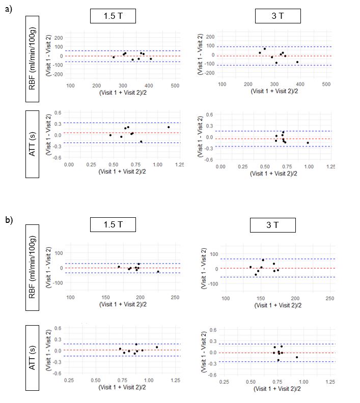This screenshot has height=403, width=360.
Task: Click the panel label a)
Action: click(9, 9)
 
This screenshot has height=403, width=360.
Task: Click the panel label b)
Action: click(9, 220)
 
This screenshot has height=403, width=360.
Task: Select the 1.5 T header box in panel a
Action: click(113, 16)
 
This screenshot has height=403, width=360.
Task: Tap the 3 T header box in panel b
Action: click(273, 225)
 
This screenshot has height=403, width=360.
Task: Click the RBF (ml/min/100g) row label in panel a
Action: click(32, 59)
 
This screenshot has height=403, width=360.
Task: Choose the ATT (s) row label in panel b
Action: click(32, 358)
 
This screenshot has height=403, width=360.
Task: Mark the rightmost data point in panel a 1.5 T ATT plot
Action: click(169, 127)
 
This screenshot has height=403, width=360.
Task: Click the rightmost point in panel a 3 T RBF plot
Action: click(297, 62)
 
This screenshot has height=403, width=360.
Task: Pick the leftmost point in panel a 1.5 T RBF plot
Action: click(114, 57)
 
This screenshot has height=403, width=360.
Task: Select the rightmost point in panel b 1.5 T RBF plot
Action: click(158, 271)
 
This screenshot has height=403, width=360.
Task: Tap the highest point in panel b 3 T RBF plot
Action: click(263, 260)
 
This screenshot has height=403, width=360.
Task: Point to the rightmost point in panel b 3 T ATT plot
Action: click(297, 357)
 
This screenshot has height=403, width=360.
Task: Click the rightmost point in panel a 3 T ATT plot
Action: click(308, 142)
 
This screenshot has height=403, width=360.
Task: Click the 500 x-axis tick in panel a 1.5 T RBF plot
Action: click(175, 85)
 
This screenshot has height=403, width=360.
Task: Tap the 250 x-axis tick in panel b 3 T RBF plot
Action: click(330, 298)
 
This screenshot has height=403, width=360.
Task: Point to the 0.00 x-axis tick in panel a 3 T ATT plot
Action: click(220, 166)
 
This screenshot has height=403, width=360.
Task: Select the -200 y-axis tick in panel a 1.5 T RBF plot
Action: click(58, 74)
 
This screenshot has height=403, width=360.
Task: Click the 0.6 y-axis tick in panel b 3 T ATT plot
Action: click(213, 330)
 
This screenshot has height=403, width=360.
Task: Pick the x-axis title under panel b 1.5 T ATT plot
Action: click(122, 387)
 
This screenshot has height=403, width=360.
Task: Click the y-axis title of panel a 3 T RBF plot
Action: click(200, 54)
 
